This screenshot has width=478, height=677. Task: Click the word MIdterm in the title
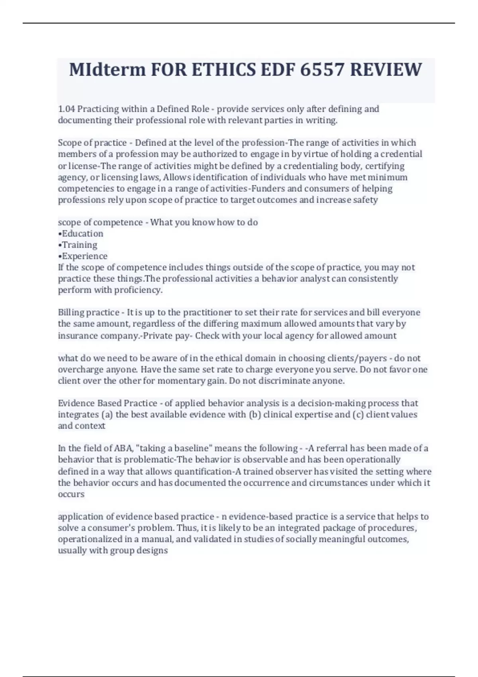coord(107,70)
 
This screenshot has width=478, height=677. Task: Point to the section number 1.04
coord(66,109)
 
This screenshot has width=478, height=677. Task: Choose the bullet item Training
coord(79,245)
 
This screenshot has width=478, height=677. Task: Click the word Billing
coord(72,312)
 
